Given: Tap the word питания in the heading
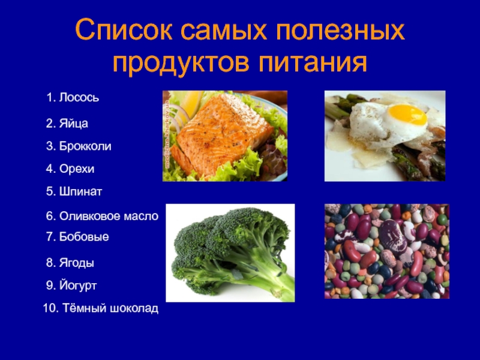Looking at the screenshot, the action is (312, 63).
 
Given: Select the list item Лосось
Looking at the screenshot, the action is (73, 97).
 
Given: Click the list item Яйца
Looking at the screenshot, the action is (67, 123).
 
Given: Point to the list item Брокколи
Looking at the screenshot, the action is (79, 146).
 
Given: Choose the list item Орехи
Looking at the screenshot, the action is (70, 169).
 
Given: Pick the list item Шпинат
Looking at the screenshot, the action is (74, 191).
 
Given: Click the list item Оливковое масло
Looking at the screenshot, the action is (102, 216).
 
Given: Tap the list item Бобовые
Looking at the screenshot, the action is (77, 236).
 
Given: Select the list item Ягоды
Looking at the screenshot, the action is (70, 263).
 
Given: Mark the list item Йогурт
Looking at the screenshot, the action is (71, 286).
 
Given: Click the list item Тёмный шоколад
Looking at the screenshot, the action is (101, 308).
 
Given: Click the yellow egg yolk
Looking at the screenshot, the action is (407, 115).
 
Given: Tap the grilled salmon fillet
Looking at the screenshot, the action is (221, 134).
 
